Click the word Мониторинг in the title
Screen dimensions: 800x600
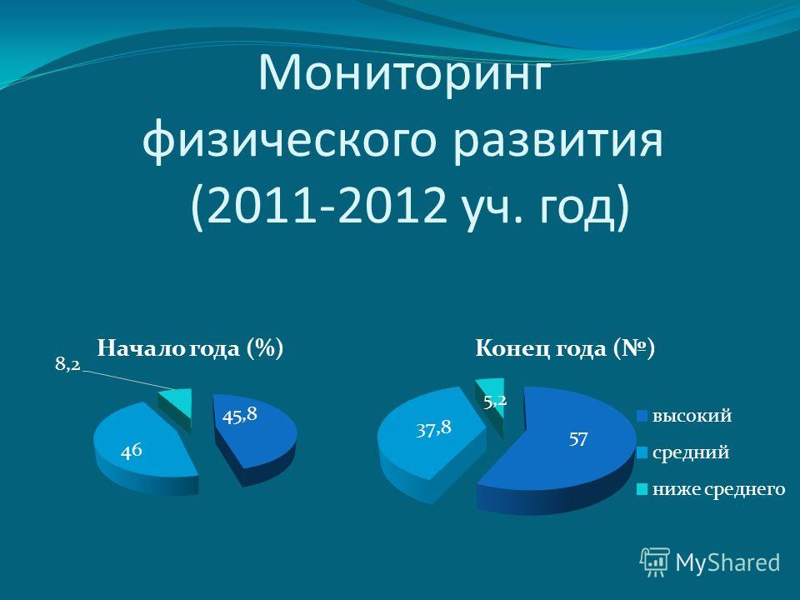pos(406,74)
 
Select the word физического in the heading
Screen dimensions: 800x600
pos(289,140)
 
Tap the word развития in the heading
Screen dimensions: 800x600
pos(558,140)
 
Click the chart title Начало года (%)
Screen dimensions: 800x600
pos(190,349)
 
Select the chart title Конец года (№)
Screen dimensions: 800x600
pos(565,349)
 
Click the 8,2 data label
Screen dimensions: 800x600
pos(67,364)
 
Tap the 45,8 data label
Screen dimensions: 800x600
pos(239,416)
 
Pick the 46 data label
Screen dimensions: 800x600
pos(131,452)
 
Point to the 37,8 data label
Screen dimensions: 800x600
pos(433,429)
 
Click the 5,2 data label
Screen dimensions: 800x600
pos(495,402)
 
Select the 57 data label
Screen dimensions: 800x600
pos(578,439)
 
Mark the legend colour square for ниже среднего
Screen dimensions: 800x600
pos(642,490)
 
